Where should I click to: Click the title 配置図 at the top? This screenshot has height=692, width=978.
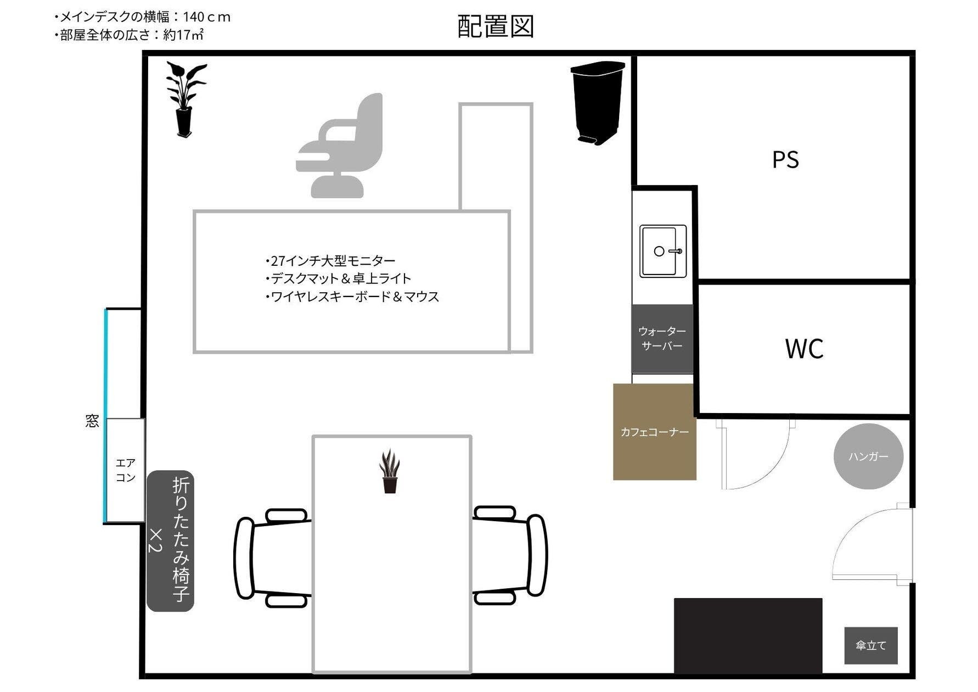[496, 26]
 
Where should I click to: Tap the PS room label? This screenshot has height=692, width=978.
[785, 160]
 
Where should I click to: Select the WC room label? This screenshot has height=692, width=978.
[804, 349]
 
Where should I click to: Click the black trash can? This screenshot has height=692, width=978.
[597, 103]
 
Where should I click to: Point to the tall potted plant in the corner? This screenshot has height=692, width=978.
[186, 99]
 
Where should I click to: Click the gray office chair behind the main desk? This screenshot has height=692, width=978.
[339, 146]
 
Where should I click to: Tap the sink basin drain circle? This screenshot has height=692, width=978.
[659, 251]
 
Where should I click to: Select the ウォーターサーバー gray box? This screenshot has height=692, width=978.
[662, 338]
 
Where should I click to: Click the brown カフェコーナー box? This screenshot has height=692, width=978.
[655, 432]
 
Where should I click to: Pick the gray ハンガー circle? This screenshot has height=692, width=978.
[868, 456]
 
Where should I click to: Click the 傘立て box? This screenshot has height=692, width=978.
[871, 645]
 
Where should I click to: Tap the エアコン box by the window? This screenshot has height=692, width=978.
[126, 470]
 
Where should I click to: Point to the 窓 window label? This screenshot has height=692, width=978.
[92, 421]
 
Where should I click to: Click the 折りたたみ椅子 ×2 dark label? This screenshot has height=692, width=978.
[170, 541]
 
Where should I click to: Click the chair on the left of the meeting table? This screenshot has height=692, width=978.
[273, 557]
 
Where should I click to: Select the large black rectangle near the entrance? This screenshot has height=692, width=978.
[748, 635]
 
